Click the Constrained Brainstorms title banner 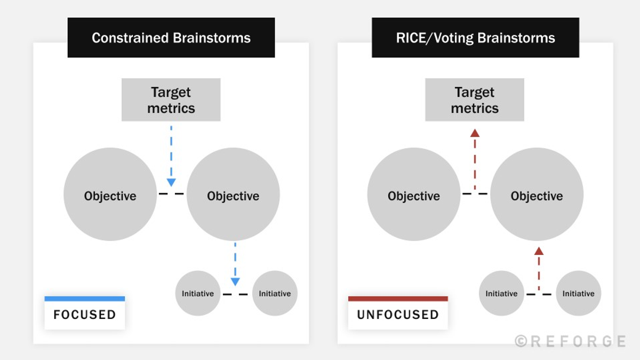[171, 38]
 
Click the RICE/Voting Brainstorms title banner [475, 38]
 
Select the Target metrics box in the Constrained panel [171, 100]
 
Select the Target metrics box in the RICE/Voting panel [475, 100]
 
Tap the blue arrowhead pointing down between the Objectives [171, 182]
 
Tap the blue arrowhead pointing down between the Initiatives [235, 282]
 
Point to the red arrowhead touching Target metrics [475, 133]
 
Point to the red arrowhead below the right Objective [539, 251]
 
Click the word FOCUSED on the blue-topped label [84, 315]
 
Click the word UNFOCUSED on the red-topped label [398, 315]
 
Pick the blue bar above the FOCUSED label [84, 299]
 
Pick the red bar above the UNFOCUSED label [398, 299]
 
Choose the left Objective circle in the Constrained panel [110, 195]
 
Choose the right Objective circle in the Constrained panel [233, 195]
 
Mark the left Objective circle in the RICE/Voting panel [414, 195]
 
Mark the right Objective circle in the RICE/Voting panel [537, 195]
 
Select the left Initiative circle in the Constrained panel [198, 293]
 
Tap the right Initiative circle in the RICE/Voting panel [578, 293]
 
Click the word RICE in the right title [410, 38]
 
